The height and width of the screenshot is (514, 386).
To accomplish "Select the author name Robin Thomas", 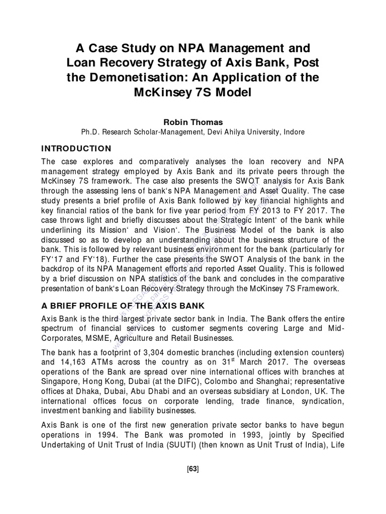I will point(193,121).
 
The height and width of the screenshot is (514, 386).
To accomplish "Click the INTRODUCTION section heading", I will point(76,149).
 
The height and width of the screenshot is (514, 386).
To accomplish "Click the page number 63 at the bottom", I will point(193,469).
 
